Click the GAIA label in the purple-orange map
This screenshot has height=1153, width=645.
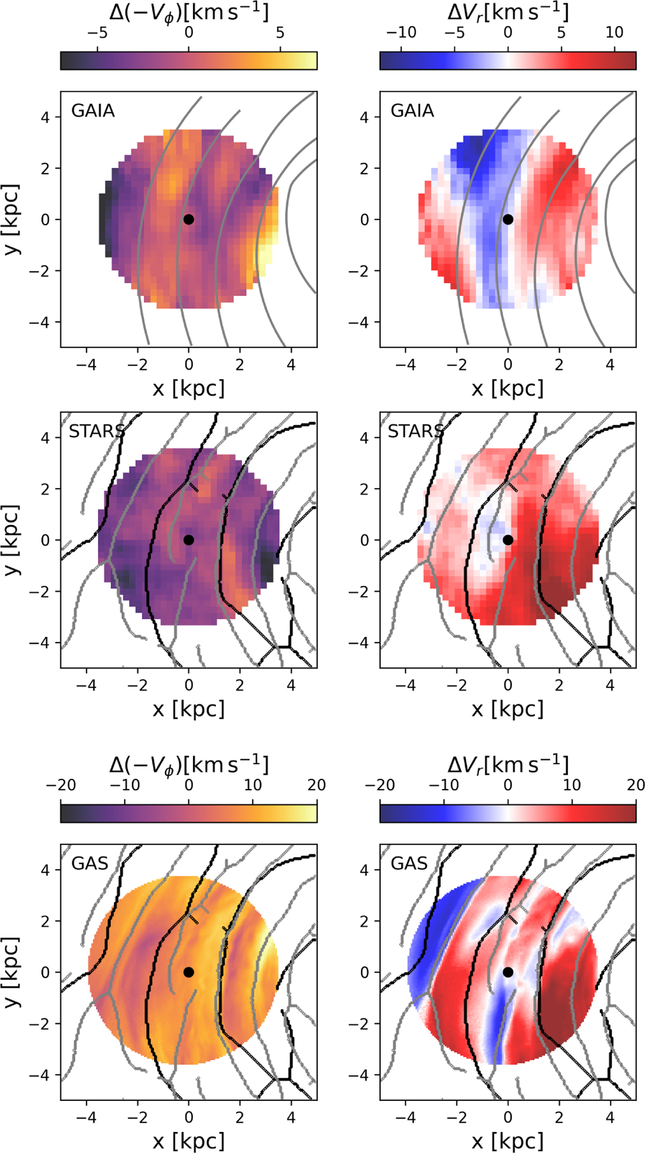tap(93, 111)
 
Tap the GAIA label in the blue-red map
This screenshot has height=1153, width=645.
tap(412, 111)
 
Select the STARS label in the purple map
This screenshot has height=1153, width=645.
tap(97, 431)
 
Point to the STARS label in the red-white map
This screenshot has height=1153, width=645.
tap(416, 431)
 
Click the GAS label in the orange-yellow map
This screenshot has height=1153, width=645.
tap(90, 863)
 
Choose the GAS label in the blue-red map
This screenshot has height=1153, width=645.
tap(409, 863)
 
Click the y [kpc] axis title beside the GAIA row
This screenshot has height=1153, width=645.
tap(12, 219)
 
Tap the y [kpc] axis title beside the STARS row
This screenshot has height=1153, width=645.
tap(12, 540)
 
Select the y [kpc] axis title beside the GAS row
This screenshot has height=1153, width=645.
tap(12, 972)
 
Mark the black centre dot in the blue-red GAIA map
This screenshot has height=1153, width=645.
tap(508, 219)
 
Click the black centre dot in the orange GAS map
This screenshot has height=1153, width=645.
tap(189, 972)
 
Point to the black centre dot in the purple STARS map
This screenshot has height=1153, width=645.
tap(189, 540)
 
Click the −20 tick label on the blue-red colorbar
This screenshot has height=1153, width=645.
tap(380, 785)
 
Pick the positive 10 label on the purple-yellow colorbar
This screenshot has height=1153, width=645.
tap(253, 785)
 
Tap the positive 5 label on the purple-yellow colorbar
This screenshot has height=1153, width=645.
tap(280, 32)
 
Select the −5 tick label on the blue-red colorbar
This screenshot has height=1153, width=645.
tap(455, 32)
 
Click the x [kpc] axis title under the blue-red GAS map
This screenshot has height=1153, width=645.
tap(508, 1141)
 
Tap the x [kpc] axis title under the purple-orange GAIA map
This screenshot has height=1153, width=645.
tap(189, 388)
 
